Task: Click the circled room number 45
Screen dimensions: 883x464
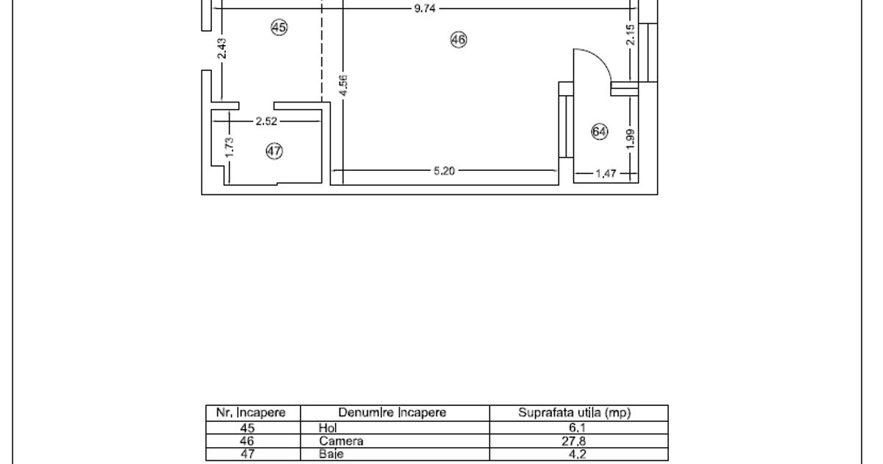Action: [x=279, y=28]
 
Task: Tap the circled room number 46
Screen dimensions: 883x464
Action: [x=458, y=40]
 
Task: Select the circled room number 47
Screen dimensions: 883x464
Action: [x=274, y=151]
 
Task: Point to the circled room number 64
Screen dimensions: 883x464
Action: [x=599, y=132]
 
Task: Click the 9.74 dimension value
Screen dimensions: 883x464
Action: [x=425, y=9]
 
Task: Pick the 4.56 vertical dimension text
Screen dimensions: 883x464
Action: [x=344, y=85]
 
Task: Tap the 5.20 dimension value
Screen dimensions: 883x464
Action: [x=444, y=171]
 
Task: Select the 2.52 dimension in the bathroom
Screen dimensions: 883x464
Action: [x=266, y=121]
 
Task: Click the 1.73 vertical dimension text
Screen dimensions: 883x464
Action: [x=230, y=147]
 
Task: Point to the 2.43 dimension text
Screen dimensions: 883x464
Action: [x=222, y=49]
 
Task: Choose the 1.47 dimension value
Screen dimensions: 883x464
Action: [x=606, y=174]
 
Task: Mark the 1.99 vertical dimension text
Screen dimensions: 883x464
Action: [x=631, y=139]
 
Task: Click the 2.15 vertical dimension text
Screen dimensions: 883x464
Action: [x=631, y=35]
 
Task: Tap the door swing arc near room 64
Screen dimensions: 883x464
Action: [x=600, y=58]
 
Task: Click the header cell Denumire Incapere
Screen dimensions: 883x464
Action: [x=392, y=412]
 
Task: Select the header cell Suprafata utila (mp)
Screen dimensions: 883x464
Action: [x=575, y=412]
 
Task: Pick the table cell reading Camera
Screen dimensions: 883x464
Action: [x=341, y=440]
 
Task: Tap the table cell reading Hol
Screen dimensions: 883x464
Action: [x=327, y=428]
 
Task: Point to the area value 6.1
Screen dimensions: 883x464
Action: [x=577, y=428]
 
